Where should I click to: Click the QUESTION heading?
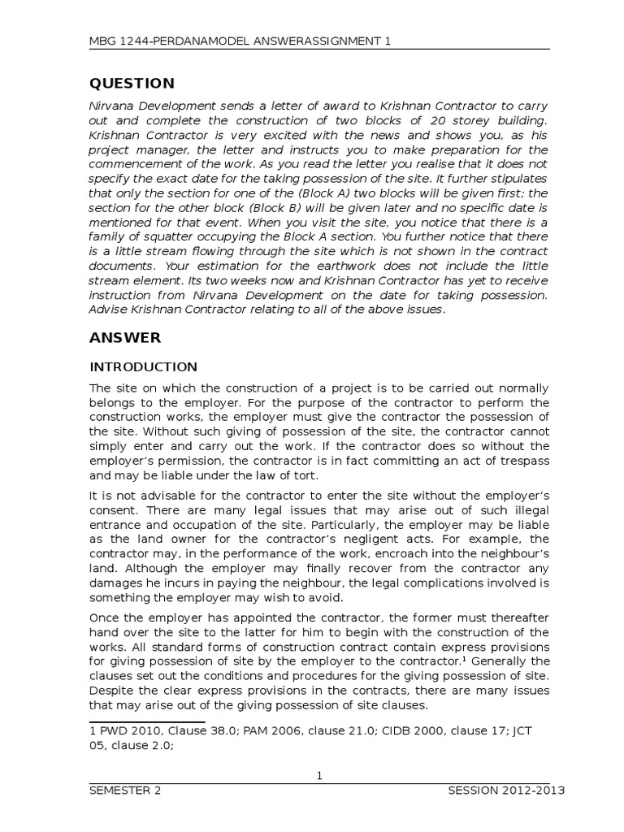(x=132, y=84)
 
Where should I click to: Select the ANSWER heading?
(x=125, y=337)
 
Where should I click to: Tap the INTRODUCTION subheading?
(x=143, y=366)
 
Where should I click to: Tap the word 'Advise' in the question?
(x=109, y=310)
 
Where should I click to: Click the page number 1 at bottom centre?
(x=320, y=776)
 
